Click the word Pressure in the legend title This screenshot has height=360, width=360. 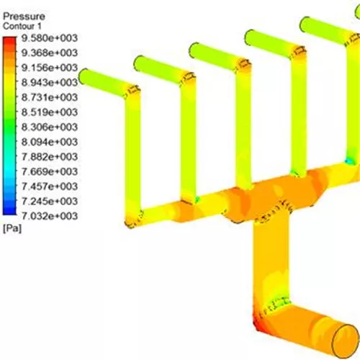24,17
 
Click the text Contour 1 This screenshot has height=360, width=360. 22,26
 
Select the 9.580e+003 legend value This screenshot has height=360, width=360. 50,38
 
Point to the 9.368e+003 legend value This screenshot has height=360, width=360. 50,53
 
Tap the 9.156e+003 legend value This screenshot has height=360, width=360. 50,68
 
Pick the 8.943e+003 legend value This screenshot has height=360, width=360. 50,83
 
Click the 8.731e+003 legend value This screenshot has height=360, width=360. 50,97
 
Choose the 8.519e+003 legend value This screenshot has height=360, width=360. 50,112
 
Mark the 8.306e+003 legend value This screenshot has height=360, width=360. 50,127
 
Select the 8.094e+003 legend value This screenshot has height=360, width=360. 50,142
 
